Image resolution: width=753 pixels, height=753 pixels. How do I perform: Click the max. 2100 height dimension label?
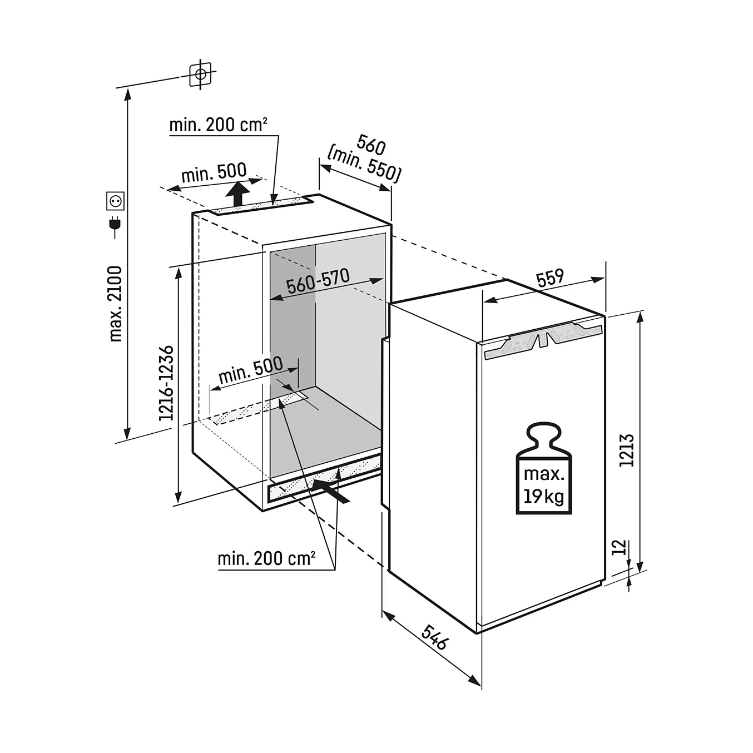point(116,304)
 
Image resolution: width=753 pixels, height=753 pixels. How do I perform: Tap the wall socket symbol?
point(116,201)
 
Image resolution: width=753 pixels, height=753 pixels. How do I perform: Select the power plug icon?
point(115,226)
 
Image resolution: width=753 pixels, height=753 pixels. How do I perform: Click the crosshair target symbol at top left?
point(200,75)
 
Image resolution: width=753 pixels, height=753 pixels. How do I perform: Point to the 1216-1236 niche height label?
point(166,383)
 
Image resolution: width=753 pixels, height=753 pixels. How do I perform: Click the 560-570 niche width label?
point(318,281)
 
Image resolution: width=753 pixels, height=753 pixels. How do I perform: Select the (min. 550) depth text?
point(364,164)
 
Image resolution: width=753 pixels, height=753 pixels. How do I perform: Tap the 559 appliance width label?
point(550,278)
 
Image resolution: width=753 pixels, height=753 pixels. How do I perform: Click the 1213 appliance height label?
point(626,450)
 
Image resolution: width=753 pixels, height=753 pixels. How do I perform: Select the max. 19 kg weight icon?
point(543,468)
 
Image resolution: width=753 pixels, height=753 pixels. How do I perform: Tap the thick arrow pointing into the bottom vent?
point(331,491)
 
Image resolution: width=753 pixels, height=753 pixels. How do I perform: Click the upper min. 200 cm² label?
point(219,125)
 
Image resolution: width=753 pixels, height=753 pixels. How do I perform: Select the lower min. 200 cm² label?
point(266,559)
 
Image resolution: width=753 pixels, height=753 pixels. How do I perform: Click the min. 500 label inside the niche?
point(250,370)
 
